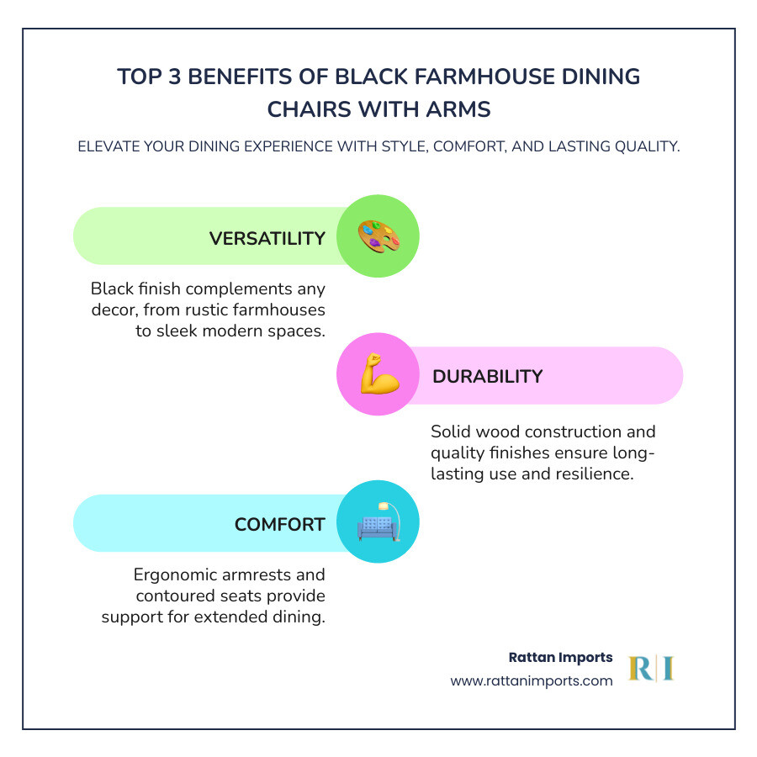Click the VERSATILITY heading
[267, 238]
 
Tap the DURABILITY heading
[487, 376]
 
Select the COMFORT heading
[279, 524]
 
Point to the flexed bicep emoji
[378, 375]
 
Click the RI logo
[652, 669]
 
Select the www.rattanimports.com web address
[532, 681]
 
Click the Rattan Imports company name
[561, 657]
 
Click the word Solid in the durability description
[453, 432]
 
